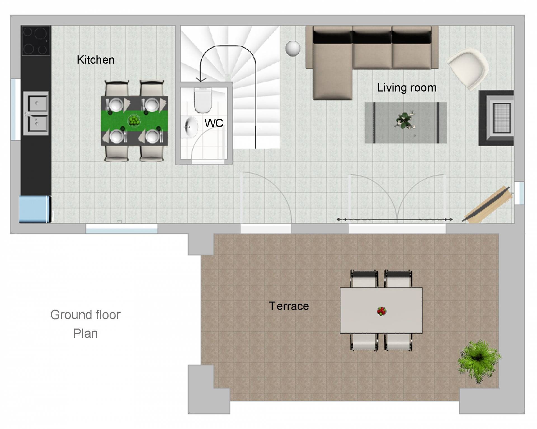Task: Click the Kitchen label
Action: [x=96, y=60]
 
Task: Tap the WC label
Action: [x=214, y=123]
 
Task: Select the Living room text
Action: [x=407, y=88]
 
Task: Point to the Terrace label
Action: [x=289, y=306]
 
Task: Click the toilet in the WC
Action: [x=203, y=100]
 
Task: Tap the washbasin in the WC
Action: [x=191, y=127]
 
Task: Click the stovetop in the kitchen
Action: [x=36, y=41]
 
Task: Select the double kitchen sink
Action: [x=36, y=113]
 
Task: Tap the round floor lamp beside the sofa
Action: [x=293, y=49]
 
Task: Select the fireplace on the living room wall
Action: [x=496, y=118]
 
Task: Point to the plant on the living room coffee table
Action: [x=405, y=121]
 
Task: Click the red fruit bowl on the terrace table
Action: [x=381, y=311]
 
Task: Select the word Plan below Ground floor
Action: [x=86, y=334]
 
